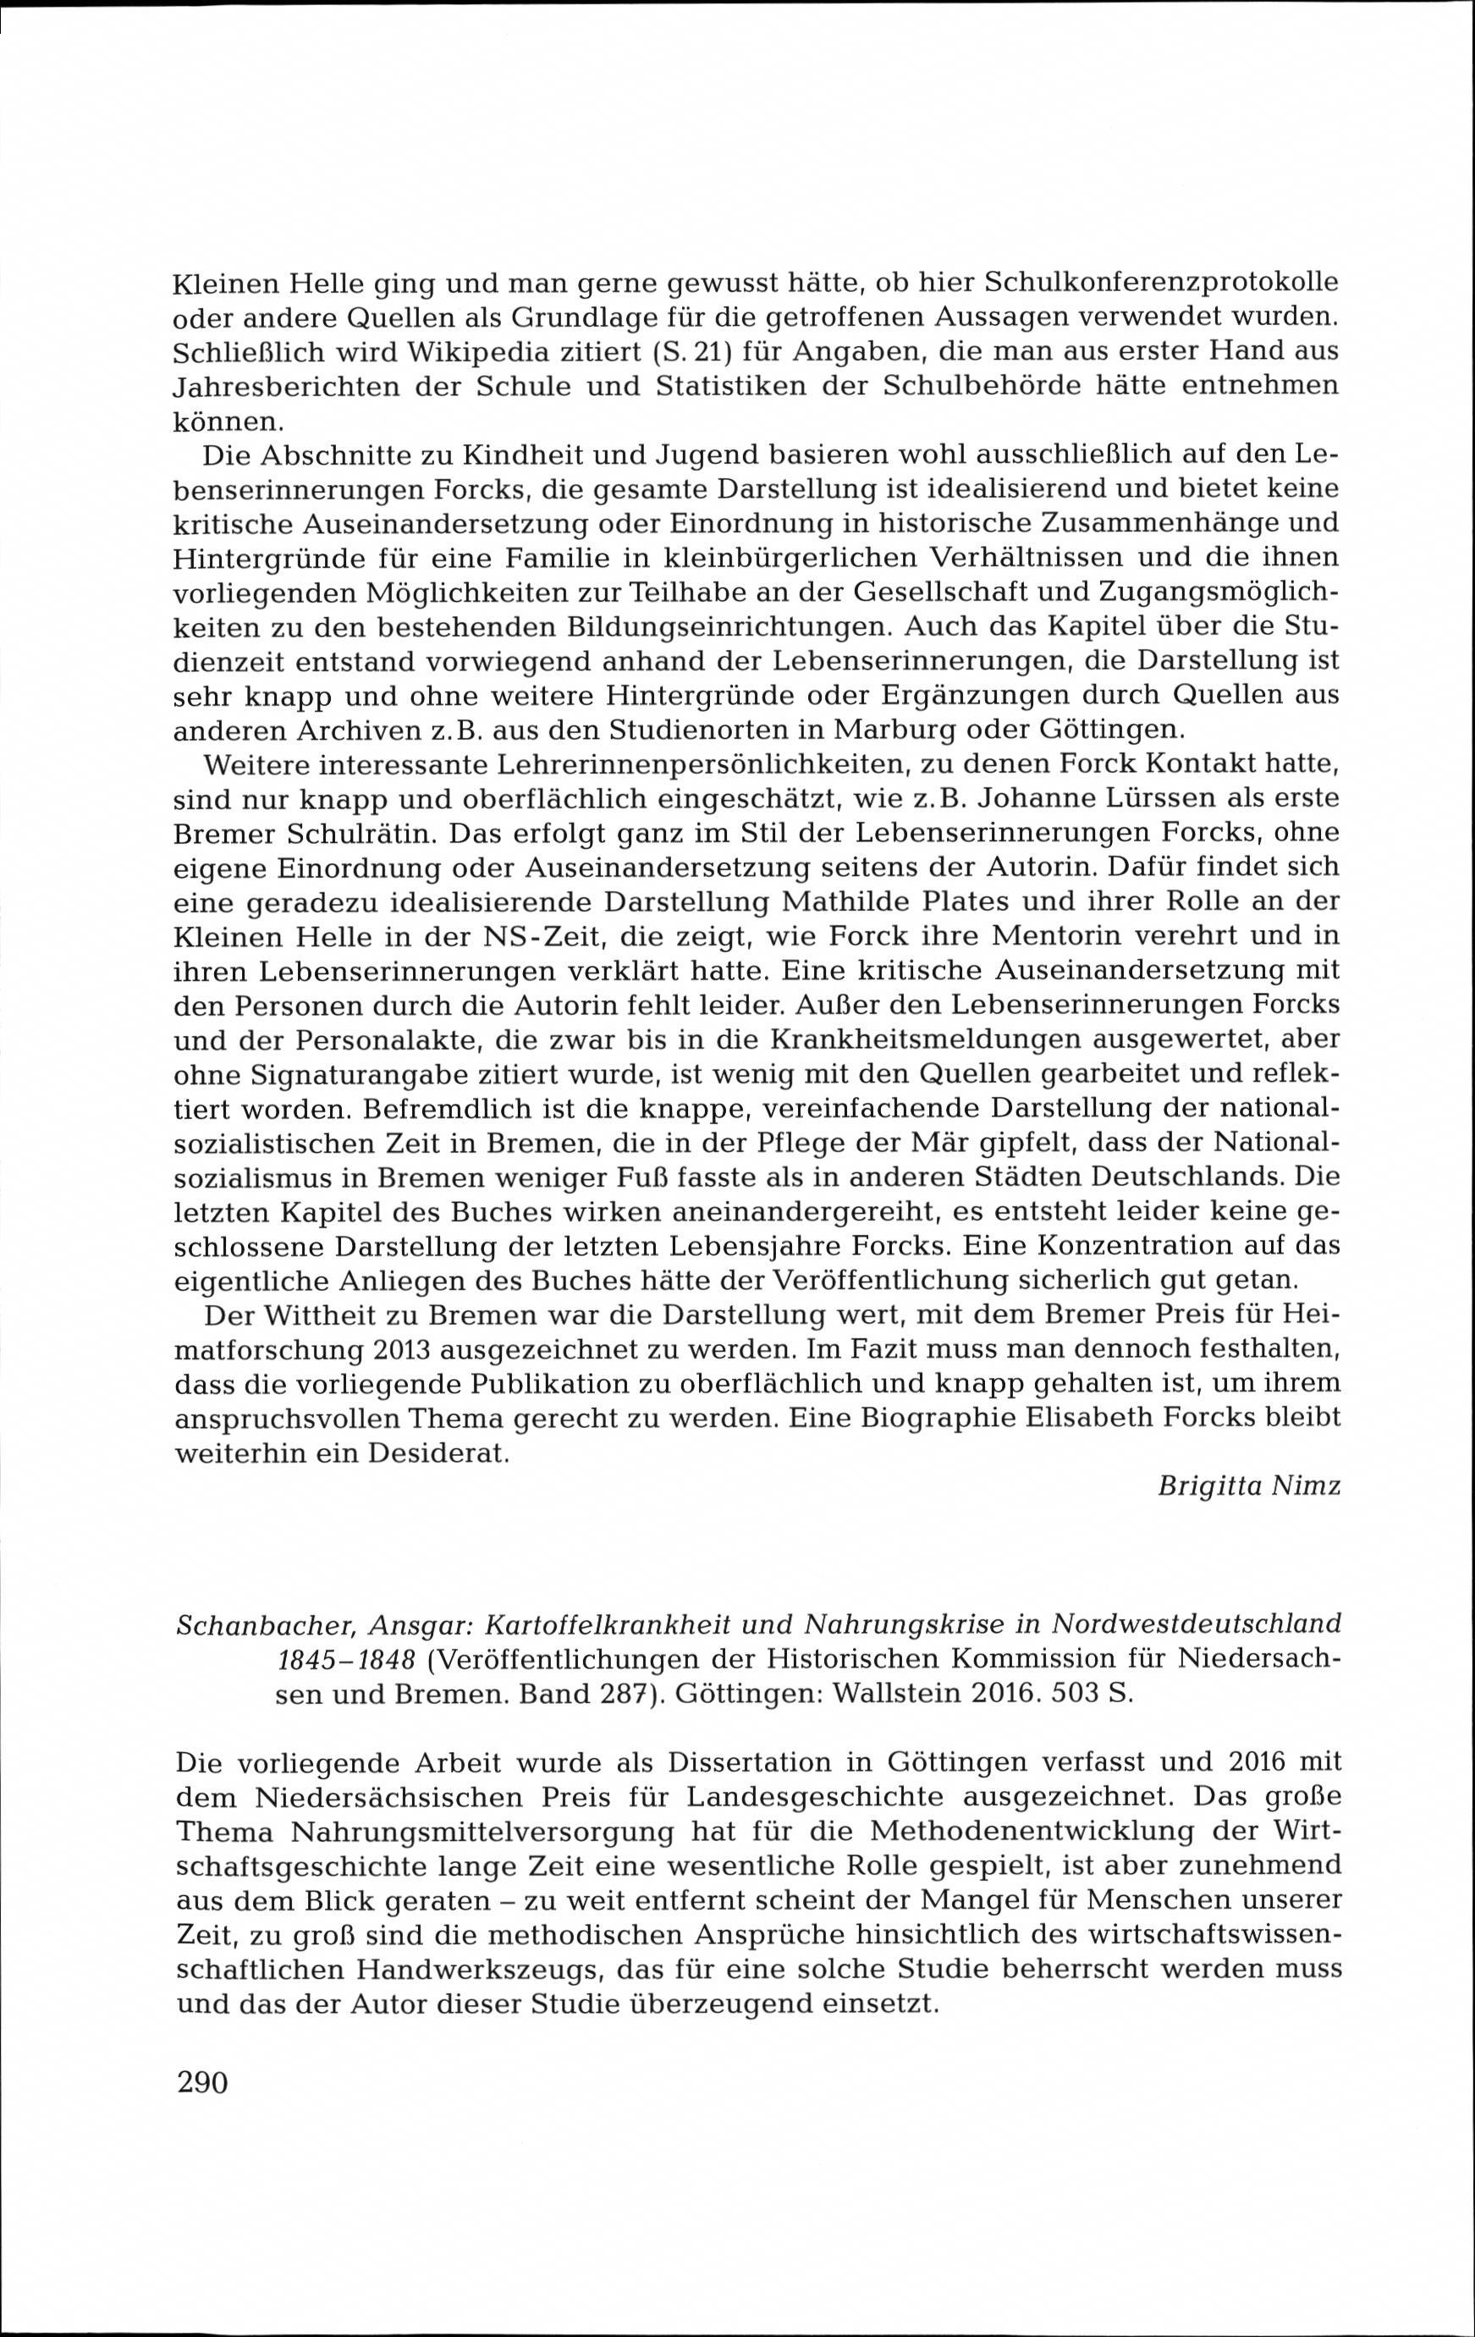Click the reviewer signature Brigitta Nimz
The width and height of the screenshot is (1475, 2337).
pos(1249,1487)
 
